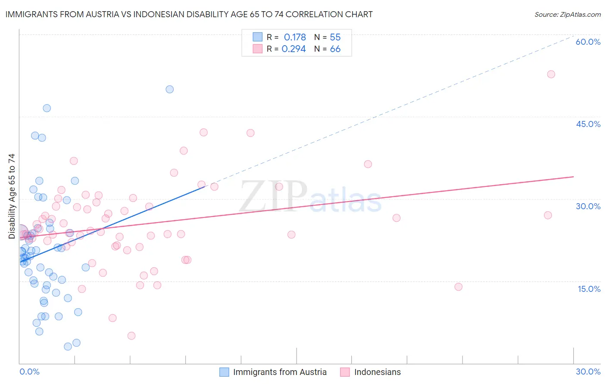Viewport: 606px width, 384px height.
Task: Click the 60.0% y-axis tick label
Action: [x=588, y=42]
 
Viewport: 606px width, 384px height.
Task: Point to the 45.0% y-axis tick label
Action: [x=588, y=124]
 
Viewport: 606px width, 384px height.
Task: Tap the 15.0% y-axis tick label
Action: [x=589, y=289]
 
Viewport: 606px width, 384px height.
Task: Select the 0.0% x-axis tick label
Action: [x=29, y=372]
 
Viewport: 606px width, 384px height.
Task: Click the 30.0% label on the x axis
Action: [x=588, y=372]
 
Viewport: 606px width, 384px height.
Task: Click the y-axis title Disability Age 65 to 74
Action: [x=12, y=196]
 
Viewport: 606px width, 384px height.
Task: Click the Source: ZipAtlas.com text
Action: [x=567, y=15]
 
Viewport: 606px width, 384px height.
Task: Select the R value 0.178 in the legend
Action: [x=295, y=37]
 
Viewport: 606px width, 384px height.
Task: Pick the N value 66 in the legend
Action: [x=335, y=49]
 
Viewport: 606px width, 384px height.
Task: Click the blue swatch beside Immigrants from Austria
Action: [x=224, y=372]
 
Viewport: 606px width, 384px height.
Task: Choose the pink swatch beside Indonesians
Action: [x=345, y=372]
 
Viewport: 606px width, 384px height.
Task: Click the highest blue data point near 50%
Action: [x=170, y=89]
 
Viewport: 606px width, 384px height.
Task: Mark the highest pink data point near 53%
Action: [x=551, y=74]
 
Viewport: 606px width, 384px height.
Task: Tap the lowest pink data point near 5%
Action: [x=131, y=336]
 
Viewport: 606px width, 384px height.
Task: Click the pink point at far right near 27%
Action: [x=548, y=215]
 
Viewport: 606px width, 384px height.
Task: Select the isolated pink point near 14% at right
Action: [x=458, y=287]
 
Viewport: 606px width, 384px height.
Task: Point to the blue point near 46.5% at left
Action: [x=47, y=108]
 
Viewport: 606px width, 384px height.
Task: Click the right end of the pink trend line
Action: [x=573, y=177]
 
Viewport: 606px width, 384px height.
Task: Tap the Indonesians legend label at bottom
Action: [x=377, y=372]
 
